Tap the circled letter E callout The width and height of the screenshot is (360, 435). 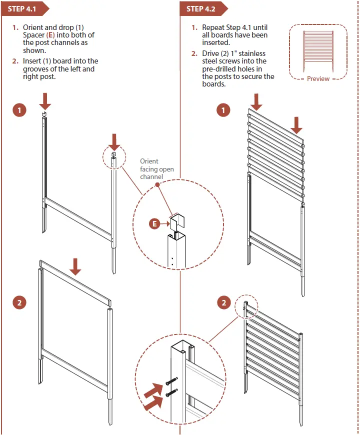[x=155, y=223]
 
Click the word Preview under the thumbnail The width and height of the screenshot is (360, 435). [x=318, y=78]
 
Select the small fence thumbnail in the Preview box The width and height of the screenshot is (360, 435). [x=318, y=50]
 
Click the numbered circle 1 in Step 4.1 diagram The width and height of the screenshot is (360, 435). [x=19, y=110]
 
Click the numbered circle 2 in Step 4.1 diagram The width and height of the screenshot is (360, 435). [x=19, y=301]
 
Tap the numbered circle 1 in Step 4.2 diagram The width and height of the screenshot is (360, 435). [x=223, y=110]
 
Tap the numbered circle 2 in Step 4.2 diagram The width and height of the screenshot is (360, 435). [x=223, y=302]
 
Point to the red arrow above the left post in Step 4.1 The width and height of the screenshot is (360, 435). [x=45, y=100]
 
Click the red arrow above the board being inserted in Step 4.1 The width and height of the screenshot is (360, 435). [x=75, y=266]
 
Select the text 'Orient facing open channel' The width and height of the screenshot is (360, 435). [x=156, y=169]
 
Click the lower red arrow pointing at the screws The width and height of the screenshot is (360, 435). [x=153, y=403]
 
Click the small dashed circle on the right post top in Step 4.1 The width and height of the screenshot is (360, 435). [x=114, y=157]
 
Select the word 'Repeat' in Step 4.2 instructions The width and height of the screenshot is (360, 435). [x=213, y=28]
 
